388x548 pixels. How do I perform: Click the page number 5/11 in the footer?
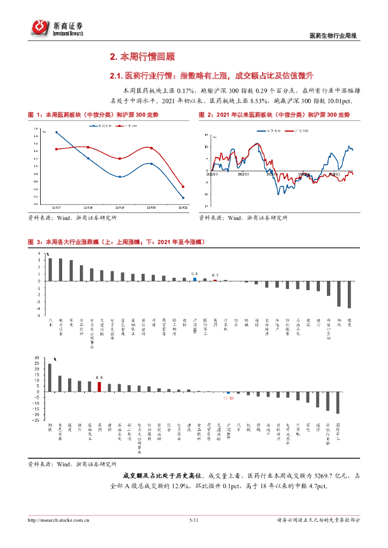[193, 520]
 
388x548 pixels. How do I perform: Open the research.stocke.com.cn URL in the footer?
[58, 520]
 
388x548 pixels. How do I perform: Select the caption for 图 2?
[274, 115]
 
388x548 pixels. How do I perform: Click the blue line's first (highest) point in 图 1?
[56, 132]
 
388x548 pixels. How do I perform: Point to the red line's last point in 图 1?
[183, 187]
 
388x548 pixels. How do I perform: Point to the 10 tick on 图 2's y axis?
[206, 146]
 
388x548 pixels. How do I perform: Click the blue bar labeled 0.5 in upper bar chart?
[195, 279]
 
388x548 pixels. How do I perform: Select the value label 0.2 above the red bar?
[215, 274]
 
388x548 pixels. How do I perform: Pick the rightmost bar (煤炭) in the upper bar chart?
[349, 294]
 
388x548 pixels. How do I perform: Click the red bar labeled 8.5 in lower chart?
[99, 387]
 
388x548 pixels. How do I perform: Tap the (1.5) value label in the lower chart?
[228, 398]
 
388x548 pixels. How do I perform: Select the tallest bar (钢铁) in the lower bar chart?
[50, 378]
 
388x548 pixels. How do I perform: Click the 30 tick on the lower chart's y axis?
[36, 357]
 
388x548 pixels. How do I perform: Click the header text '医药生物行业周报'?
[333, 36]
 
